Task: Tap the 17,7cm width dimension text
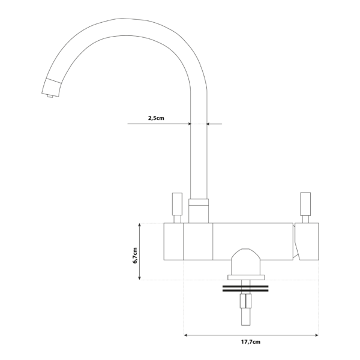point(251,342)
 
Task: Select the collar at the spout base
point(199,210)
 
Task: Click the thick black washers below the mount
point(245,289)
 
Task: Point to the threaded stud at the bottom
point(245,312)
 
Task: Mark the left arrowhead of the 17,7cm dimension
point(186,335)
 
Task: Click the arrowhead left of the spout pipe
point(187,124)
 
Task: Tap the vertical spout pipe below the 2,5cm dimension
point(199,162)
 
